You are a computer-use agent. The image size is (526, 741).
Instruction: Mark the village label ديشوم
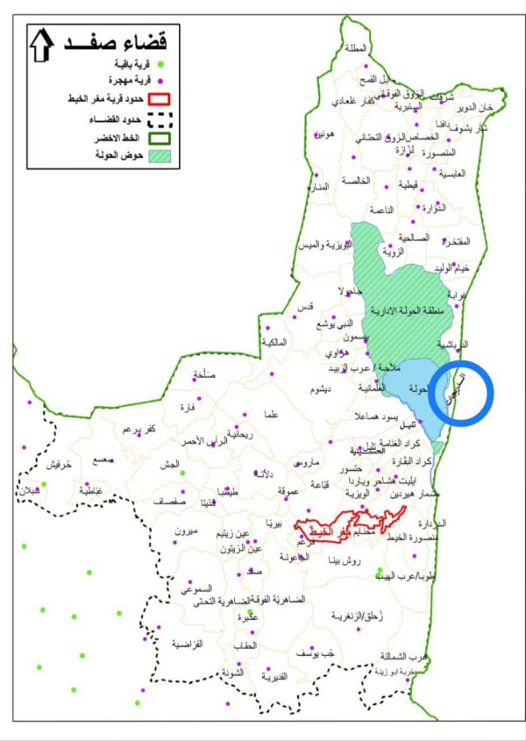pos(314,389)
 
